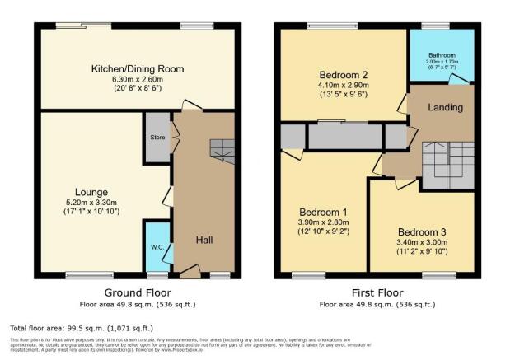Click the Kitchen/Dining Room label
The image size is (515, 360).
137,68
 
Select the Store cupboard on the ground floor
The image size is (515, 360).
157,136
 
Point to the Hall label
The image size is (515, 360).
205,240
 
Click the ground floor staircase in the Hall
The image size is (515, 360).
222,149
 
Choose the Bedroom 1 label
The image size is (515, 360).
322,212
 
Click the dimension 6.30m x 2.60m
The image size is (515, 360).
137,80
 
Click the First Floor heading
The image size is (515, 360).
378,292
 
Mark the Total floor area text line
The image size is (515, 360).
87,326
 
